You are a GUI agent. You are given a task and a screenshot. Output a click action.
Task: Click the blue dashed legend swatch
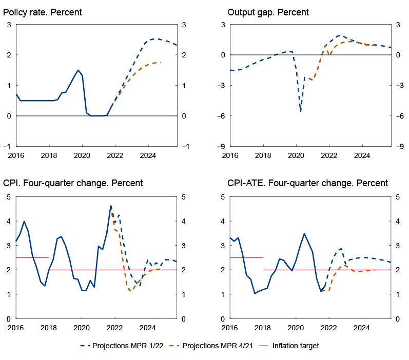[85, 346]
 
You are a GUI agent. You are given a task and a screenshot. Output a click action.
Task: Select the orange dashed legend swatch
[174, 346]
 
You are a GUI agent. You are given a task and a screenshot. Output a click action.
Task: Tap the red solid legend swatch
[263, 346]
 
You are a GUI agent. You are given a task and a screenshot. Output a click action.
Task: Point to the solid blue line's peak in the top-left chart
[78, 70]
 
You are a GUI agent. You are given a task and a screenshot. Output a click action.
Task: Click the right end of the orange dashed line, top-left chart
[161, 62]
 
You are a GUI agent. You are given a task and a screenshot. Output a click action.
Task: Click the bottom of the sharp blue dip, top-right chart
[301, 111]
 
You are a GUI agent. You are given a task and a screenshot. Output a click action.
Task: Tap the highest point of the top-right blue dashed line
[339, 36]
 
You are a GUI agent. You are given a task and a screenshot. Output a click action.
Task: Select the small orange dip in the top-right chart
[329, 54]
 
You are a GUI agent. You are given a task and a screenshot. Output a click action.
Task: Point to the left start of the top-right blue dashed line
[231, 70]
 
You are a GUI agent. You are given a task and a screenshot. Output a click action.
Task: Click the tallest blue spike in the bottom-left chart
[111, 206]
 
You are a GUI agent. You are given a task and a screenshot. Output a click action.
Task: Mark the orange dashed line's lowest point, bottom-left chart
[130, 291]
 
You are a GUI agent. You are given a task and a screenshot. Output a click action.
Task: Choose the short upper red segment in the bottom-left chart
[32, 257]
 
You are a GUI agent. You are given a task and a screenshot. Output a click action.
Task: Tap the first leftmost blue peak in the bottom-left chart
[24, 222]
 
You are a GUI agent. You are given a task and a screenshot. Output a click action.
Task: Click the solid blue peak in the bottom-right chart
[304, 234]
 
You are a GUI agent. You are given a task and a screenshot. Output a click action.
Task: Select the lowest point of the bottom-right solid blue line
[255, 293]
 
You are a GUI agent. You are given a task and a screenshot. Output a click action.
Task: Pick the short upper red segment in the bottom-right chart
[246, 257]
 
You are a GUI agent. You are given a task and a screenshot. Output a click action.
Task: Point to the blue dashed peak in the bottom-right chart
[341, 249]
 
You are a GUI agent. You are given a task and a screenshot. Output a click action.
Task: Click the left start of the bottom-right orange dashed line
[321, 291]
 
